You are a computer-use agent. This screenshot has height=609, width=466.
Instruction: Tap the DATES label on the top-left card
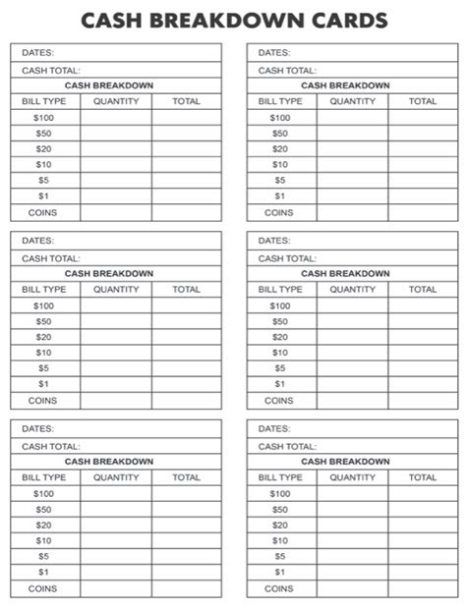click(x=38, y=52)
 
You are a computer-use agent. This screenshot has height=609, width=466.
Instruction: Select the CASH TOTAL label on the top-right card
click(x=287, y=70)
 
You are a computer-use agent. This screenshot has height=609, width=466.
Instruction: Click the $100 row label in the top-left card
click(x=43, y=117)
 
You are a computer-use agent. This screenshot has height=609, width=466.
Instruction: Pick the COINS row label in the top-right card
click(x=279, y=212)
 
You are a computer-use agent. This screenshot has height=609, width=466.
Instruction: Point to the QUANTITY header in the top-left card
click(x=116, y=101)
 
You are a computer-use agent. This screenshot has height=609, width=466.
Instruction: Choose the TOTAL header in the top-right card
click(x=423, y=101)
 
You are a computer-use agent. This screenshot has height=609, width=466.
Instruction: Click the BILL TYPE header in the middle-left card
click(x=44, y=290)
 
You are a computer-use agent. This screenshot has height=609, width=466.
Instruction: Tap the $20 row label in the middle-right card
click(x=280, y=337)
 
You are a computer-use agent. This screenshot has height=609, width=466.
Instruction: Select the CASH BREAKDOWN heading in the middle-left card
click(x=109, y=273)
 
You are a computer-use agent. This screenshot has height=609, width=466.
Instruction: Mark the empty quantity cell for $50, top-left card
click(x=116, y=133)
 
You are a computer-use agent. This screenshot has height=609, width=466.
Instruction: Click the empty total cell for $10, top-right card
click(x=423, y=164)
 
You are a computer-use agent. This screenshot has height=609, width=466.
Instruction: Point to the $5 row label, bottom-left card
click(x=43, y=556)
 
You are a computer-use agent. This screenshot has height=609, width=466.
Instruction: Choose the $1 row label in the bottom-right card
click(x=280, y=572)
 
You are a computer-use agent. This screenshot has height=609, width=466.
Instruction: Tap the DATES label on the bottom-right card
click(x=274, y=428)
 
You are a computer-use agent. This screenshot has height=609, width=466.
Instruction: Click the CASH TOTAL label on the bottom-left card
click(x=51, y=446)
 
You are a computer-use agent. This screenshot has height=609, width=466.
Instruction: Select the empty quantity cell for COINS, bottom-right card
click(x=352, y=588)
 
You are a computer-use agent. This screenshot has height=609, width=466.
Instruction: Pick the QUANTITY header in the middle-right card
click(x=352, y=290)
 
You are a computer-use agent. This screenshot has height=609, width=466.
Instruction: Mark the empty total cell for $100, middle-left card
click(x=187, y=305)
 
